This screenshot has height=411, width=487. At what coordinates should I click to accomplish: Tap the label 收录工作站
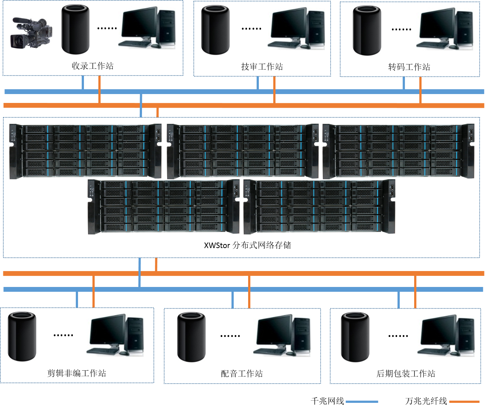92,66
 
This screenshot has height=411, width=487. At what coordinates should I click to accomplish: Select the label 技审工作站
262,67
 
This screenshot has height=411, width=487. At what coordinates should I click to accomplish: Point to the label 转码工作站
409,67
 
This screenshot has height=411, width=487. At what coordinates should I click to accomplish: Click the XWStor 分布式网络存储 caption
247,245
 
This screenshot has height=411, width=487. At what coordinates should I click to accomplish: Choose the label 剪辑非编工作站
77,373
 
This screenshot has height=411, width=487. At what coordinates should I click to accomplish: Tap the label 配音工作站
242,374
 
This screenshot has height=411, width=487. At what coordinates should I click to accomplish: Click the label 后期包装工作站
406,374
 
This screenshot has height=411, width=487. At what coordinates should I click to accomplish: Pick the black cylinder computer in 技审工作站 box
215,30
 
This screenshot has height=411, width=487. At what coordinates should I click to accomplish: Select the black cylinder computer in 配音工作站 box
191,337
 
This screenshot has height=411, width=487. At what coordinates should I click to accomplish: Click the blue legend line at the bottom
362,401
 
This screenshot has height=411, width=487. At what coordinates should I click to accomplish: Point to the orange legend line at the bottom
464,401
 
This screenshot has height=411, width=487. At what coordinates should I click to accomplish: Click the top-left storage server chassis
85,151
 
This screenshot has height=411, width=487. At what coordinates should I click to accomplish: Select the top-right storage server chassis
398,151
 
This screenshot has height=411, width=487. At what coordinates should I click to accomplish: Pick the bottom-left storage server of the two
163,207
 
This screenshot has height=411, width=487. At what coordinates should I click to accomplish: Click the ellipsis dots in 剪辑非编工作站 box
63,335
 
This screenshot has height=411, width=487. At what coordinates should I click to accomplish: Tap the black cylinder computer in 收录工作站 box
75,29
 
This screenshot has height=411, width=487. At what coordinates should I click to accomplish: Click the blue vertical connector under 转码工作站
403,83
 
